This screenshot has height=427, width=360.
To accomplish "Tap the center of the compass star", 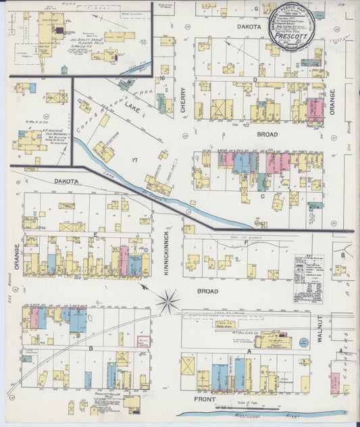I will click(168, 301).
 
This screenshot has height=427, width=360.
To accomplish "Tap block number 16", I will click(163, 79).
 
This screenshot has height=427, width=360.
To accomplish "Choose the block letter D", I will click(255, 79).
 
